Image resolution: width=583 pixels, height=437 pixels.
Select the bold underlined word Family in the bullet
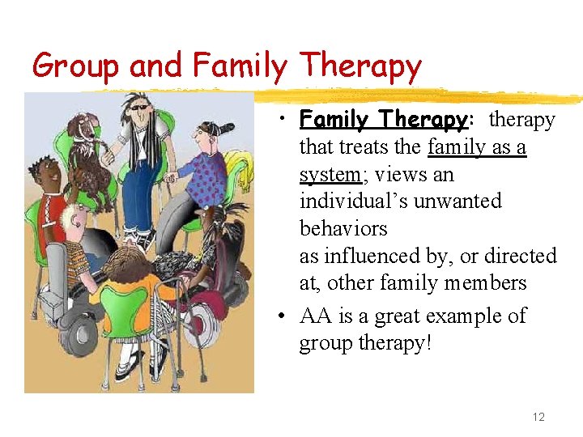337,120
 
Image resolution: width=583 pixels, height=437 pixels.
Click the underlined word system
330,175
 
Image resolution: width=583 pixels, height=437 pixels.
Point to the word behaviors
343,229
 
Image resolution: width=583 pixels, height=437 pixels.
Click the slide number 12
538,417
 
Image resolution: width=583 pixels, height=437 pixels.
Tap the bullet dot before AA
278,316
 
